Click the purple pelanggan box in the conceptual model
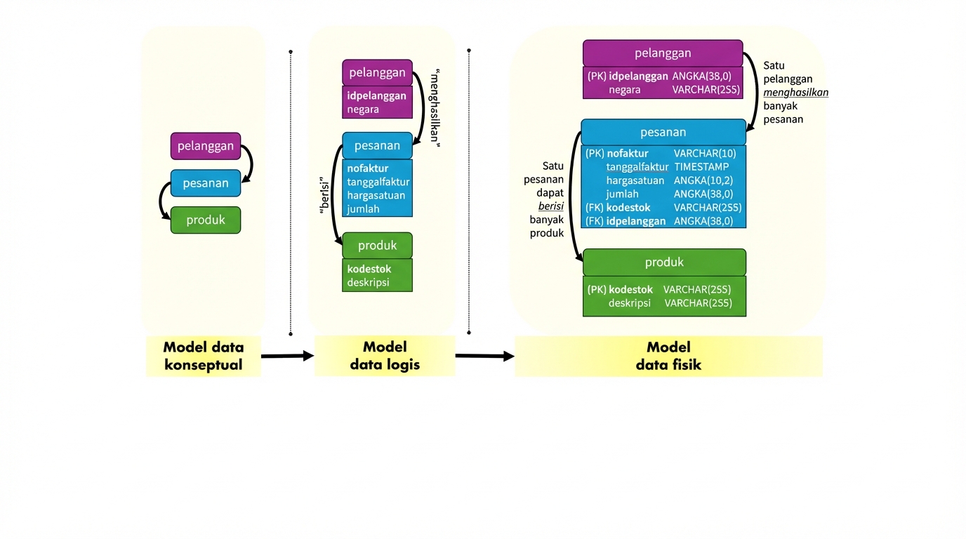[205, 146]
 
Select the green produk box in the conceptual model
[205, 220]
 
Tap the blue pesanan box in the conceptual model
[205, 183]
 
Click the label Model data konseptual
[203, 356]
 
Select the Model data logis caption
[385, 356]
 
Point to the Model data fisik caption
[668, 356]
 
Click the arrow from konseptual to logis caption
[287, 357]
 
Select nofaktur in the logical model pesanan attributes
[367, 168]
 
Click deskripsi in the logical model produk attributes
[367, 283]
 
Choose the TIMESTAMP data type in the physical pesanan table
[701, 167]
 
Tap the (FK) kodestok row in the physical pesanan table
[618, 208]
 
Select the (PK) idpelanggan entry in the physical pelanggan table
[628, 76]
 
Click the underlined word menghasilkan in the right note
[795, 93]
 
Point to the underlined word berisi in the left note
[551, 206]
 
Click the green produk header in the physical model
[664, 262]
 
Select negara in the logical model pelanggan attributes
[363, 109]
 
